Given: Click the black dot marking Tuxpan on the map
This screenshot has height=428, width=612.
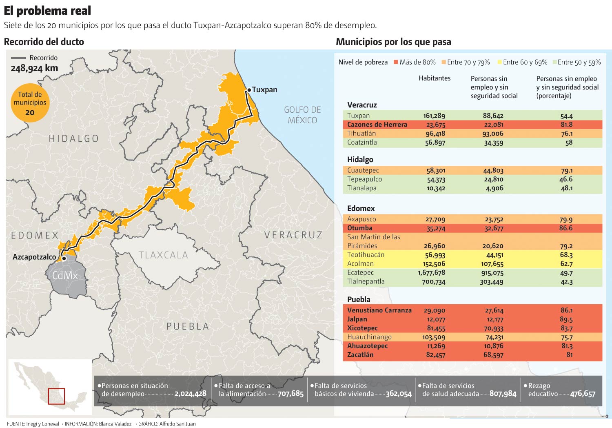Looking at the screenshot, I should [x=249, y=90].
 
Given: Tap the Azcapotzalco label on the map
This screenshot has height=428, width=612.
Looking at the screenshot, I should [x=34, y=257].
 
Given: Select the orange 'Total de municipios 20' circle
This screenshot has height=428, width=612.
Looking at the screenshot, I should [x=30, y=103].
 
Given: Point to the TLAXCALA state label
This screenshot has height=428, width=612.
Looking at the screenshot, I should [x=163, y=255].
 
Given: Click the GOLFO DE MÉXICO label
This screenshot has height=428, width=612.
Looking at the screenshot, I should [x=302, y=115].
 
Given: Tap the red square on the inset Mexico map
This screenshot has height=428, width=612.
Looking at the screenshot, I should [x=56, y=396].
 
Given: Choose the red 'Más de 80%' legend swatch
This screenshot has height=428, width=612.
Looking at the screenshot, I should [x=395, y=62].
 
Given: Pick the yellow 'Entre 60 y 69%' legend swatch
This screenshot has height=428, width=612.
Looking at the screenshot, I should [x=499, y=62].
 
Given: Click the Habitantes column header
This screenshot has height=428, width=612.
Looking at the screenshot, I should [x=435, y=78].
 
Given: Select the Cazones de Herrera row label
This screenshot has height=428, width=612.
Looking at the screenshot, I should [x=377, y=125].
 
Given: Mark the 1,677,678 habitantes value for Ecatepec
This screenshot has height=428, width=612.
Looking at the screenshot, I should [x=431, y=272].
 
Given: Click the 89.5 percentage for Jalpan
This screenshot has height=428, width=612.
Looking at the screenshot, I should [x=566, y=319].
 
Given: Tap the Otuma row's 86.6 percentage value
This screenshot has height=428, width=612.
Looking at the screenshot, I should [x=566, y=228].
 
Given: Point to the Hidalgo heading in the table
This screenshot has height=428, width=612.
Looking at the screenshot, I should [x=360, y=159].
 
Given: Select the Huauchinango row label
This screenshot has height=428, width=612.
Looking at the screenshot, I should [x=369, y=337].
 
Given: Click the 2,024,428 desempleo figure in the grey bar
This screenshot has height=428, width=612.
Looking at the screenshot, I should [x=190, y=394].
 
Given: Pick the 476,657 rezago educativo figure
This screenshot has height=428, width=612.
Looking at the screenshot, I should [x=583, y=394].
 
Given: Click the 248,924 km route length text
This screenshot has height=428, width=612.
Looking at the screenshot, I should [x=34, y=68].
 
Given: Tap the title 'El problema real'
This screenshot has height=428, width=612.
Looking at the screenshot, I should [x=47, y=10].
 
